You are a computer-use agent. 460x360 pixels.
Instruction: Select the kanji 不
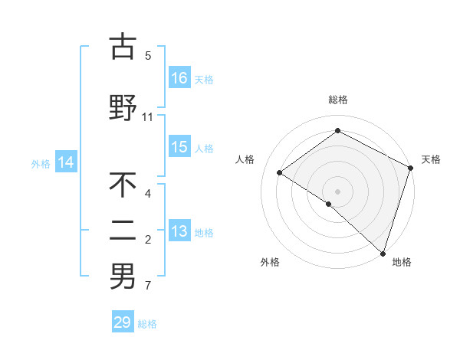(123, 185)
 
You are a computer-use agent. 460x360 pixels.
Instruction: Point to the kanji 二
(123, 231)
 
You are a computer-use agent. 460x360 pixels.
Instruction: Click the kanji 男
(123, 277)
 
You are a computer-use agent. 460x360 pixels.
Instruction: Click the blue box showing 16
(180, 77)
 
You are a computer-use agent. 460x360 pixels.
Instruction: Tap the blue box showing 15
(180, 148)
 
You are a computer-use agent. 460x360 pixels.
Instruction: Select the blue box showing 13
(180, 232)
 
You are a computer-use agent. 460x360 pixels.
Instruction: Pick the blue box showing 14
(66, 162)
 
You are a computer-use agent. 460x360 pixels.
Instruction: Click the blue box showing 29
(123, 322)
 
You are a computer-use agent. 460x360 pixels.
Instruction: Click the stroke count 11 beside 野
(148, 117)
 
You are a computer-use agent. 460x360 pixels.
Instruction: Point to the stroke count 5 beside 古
(148, 55)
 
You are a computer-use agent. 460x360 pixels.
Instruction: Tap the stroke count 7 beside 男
(148, 286)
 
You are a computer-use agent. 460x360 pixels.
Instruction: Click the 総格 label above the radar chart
(338, 100)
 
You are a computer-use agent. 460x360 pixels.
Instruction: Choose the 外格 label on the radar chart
(270, 262)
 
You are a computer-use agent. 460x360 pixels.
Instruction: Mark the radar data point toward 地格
(383, 253)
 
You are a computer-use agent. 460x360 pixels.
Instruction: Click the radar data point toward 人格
(280, 172)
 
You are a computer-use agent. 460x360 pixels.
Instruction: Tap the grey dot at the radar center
(337, 190)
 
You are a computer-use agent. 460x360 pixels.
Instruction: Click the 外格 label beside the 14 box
(41, 162)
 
